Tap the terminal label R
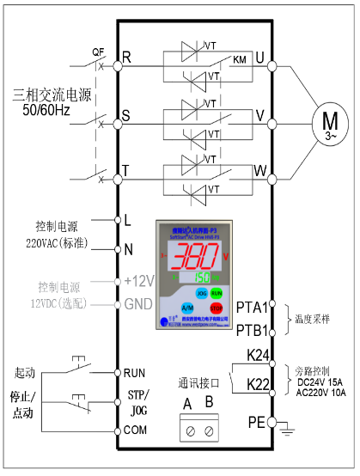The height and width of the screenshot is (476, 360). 126,58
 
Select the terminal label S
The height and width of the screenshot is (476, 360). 126,114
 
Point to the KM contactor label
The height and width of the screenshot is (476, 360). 239,61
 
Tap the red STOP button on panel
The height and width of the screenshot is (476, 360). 217,307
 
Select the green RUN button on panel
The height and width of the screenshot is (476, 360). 217,293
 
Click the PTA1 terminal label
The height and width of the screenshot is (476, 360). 250,304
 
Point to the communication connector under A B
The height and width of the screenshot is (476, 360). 197,427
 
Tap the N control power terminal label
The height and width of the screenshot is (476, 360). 127,249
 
